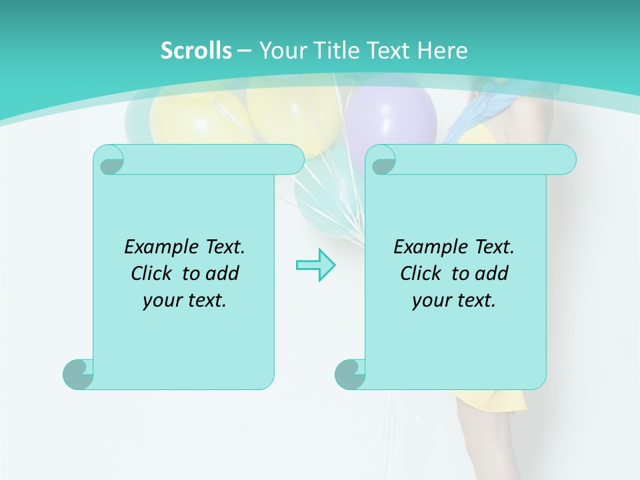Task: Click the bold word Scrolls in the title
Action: pos(196,51)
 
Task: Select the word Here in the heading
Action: pos(443,51)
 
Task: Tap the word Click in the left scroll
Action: pos(154,273)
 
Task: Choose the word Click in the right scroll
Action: pos(423,273)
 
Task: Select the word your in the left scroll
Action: pos(161,301)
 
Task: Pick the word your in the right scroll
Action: pos(431,301)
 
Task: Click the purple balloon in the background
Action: pos(392,120)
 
